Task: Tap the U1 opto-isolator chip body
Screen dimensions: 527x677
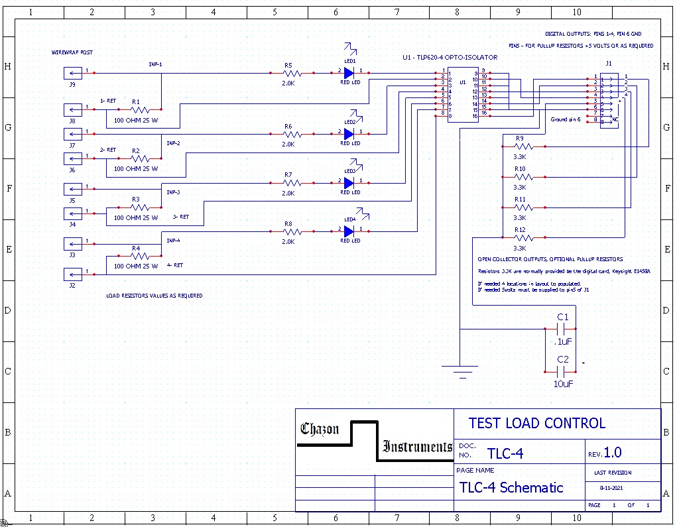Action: click(x=462, y=93)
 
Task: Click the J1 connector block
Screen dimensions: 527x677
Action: click(x=609, y=100)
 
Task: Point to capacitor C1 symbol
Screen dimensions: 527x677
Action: click(x=562, y=329)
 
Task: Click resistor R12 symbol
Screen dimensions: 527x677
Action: click(x=523, y=237)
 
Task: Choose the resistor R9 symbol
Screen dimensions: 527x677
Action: click(x=523, y=146)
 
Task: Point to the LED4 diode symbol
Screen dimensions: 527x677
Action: click(x=349, y=231)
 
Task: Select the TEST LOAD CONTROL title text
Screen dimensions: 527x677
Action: click(x=536, y=424)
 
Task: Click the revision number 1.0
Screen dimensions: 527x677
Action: click(x=613, y=453)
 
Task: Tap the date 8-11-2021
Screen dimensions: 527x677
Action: click(x=611, y=487)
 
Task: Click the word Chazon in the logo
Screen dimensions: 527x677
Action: click(x=320, y=429)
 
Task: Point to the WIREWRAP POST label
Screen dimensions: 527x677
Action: click(x=72, y=52)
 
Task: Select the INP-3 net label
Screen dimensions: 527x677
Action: click(x=173, y=192)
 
